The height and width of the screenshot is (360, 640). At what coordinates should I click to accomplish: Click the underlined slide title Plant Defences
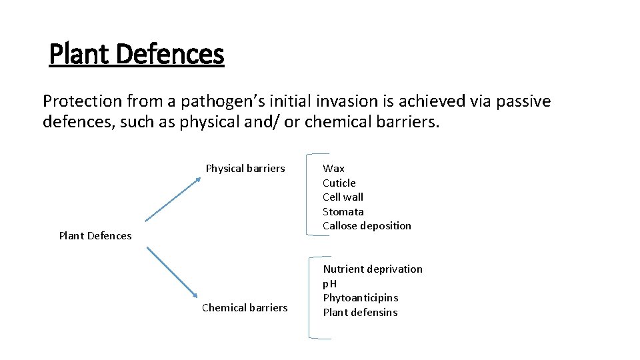(x=137, y=54)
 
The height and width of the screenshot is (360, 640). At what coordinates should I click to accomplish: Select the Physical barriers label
(x=245, y=168)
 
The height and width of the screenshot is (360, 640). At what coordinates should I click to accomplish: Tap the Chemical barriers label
(x=245, y=307)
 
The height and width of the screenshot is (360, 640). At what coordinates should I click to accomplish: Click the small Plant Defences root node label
(x=95, y=235)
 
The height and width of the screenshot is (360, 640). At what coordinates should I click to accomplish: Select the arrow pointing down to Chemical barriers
(x=172, y=273)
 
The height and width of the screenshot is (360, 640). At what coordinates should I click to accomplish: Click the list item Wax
(x=333, y=168)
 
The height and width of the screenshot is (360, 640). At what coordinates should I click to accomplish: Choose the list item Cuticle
(x=339, y=183)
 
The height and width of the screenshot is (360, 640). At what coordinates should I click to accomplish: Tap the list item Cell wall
(x=343, y=197)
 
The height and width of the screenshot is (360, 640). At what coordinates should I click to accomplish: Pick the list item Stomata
(x=343, y=211)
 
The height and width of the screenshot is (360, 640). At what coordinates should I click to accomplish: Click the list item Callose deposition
(x=367, y=225)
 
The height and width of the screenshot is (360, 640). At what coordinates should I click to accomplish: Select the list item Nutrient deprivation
(x=373, y=269)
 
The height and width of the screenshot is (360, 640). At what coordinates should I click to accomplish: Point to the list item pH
(x=330, y=283)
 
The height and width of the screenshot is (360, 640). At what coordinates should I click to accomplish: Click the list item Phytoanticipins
(x=361, y=297)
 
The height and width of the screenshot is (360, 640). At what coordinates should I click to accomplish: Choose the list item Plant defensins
(x=360, y=312)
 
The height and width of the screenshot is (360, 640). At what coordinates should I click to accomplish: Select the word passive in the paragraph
(x=526, y=101)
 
